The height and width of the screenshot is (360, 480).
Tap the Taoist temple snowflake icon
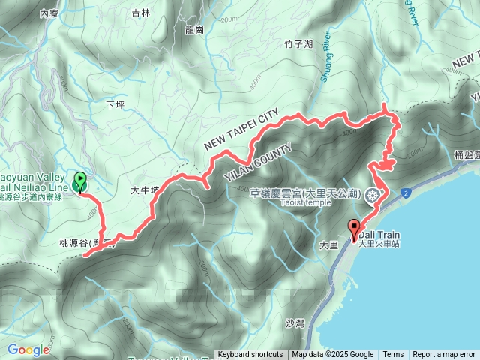[x=373, y=197]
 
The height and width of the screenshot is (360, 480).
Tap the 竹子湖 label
[x=298, y=45]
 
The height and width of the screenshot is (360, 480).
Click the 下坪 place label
[x=115, y=105]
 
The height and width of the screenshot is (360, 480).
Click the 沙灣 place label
[x=295, y=323]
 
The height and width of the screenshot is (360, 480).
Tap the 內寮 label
[x=49, y=13]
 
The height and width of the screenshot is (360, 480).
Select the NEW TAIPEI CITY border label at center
[x=241, y=128]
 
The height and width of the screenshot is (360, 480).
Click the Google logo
[x=28, y=349]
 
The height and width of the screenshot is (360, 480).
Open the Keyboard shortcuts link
[x=250, y=355]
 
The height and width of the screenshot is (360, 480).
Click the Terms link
[x=393, y=355]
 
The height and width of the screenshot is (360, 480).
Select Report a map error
[x=444, y=355]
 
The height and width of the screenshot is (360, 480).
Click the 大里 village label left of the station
[x=328, y=244]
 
